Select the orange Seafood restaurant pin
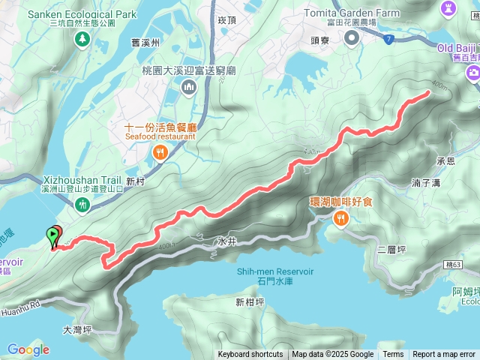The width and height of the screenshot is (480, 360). pyautogui.click(x=160, y=154)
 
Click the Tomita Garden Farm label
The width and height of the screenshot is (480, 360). pyautogui.click(x=352, y=13)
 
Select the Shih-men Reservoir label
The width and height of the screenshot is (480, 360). pyautogui.click(x=274, y=271)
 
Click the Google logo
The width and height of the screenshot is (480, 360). pyautogui.click(x=28, y=349)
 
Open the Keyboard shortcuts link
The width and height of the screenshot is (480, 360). pyautogui.click(x=250, y=355)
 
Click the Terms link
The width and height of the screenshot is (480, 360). pyautogui.click(x=393, y=355)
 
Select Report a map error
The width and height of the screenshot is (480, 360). pyautogui.click(x=444, y=355)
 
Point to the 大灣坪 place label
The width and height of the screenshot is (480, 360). pyautogui.click(x=76, y=329)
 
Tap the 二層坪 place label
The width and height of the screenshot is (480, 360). pyautogui.click(x=391, y=250)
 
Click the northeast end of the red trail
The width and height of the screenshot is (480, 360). pyautogui.click(x=428, y=92)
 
